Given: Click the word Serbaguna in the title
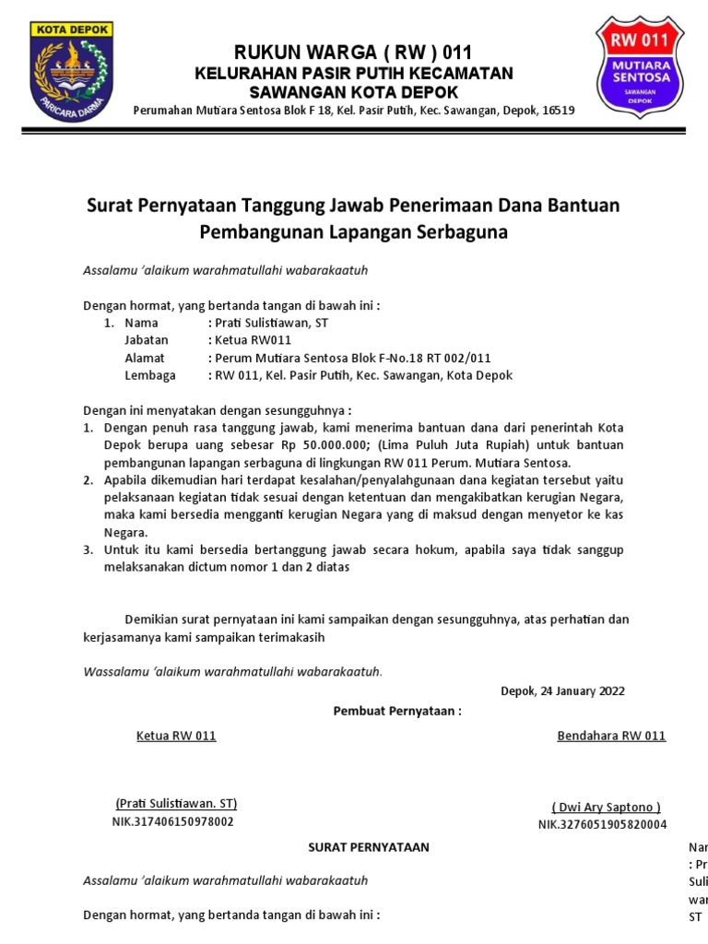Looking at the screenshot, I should tap(461, 232).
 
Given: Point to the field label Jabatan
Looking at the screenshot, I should tap(147, 340).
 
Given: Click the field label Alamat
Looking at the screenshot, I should tap(145, 358).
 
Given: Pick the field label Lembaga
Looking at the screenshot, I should tap(149, 375).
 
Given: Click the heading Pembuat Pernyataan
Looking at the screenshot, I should tap(396, 711).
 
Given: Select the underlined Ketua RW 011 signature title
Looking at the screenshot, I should tap(176, 736).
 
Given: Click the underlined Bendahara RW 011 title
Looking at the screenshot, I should tap(611, 736).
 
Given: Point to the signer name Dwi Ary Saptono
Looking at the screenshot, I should tap(607, 807).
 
